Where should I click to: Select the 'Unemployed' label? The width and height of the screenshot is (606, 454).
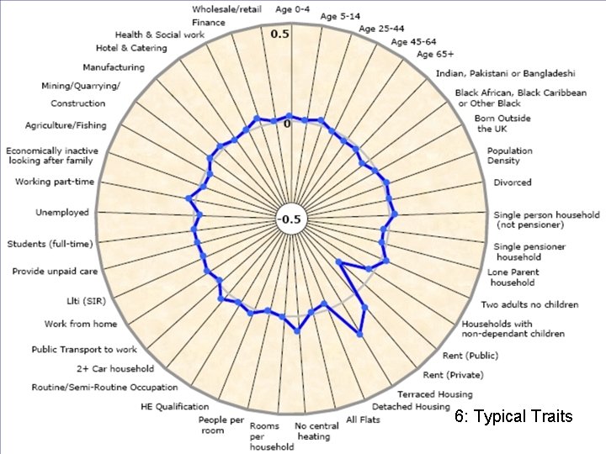click(x=61, y=213)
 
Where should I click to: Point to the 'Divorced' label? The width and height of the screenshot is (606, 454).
click(x=513, y=182)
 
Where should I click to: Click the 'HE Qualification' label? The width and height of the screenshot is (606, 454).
click(x=174, y=406)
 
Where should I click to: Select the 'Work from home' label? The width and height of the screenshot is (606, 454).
click(x=81, y=324)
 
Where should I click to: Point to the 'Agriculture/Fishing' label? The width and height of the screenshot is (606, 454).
click(x=66, y=125)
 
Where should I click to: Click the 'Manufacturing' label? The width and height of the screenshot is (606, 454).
click(x=114, y=67)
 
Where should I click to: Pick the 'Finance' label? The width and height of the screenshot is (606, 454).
click(x=209, y=22)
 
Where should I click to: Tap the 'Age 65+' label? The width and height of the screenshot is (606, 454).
click(x=435, y=55)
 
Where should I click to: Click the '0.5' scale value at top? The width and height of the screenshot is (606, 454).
click(x=279, y=34)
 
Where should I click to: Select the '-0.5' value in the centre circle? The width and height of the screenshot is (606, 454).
click(x=289, y=220)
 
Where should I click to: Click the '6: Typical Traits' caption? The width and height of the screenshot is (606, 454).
click(x=513, y=416)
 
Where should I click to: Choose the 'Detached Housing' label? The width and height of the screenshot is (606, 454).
click(x=411, y=407)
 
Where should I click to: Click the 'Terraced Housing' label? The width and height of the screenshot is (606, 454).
click(x=435, y=393)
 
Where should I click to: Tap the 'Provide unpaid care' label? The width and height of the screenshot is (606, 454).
click(x=55, y=272)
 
